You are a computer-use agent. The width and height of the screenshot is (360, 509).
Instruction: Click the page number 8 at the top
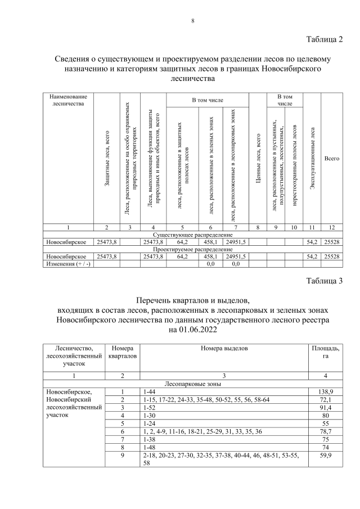(x=192, y=21)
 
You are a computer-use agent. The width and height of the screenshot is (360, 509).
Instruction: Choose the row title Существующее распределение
(x=192, y=235)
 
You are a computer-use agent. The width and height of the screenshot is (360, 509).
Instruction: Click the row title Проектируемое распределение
(x=192, y=249)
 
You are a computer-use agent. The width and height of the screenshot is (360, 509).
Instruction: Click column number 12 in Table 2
(x=332, y=227)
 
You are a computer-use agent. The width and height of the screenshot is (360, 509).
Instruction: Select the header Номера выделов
(x=224, y=349)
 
